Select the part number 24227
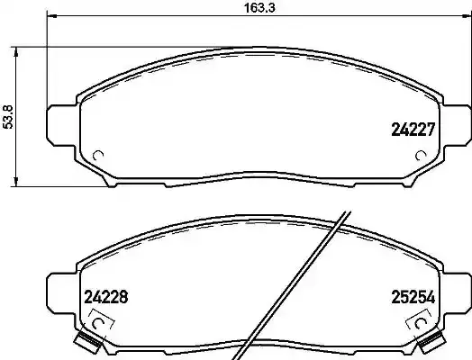tap(413, 129)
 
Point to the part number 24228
tap(104, 295)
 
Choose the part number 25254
tap(413, 295)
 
